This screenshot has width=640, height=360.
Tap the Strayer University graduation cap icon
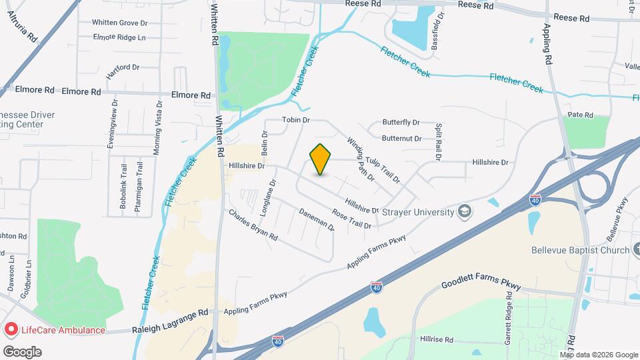click(465, 212)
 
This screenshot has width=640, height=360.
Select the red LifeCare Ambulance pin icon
click(11, 330)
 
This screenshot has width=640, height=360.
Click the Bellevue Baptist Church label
click(580, 251)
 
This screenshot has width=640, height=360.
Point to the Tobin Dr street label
click(297, 120)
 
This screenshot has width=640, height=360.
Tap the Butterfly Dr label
click(401, 123)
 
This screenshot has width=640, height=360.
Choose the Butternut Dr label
click(401, 139)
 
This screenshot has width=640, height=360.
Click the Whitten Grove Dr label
click(119, 22)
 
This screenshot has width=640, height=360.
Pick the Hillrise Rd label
click(437, 339)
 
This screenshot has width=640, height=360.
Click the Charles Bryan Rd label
click(253, 226)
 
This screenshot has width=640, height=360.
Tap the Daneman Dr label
click(316, 220)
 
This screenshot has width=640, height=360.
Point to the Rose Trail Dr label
click(351, 220)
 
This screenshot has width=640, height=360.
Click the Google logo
click(22, 351)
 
